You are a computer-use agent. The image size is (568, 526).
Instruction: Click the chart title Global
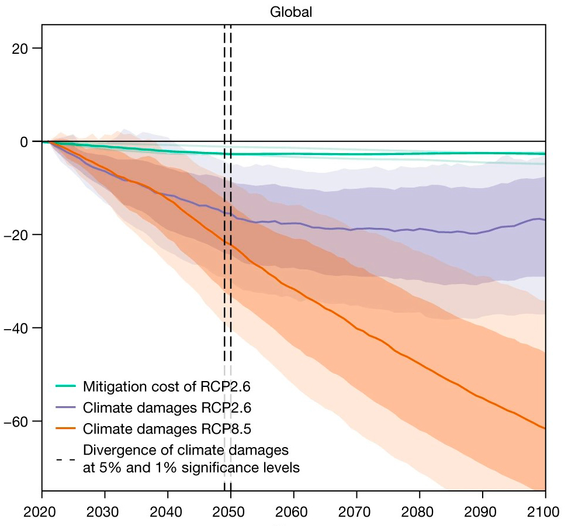point(291,12)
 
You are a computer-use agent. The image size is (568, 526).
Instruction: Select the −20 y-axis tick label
point(19,234)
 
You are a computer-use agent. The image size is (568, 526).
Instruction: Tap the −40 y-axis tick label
point(19,328)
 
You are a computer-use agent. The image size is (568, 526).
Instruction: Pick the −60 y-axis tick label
point(19,421)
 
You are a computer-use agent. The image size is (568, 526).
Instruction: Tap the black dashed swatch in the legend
point(65,459)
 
